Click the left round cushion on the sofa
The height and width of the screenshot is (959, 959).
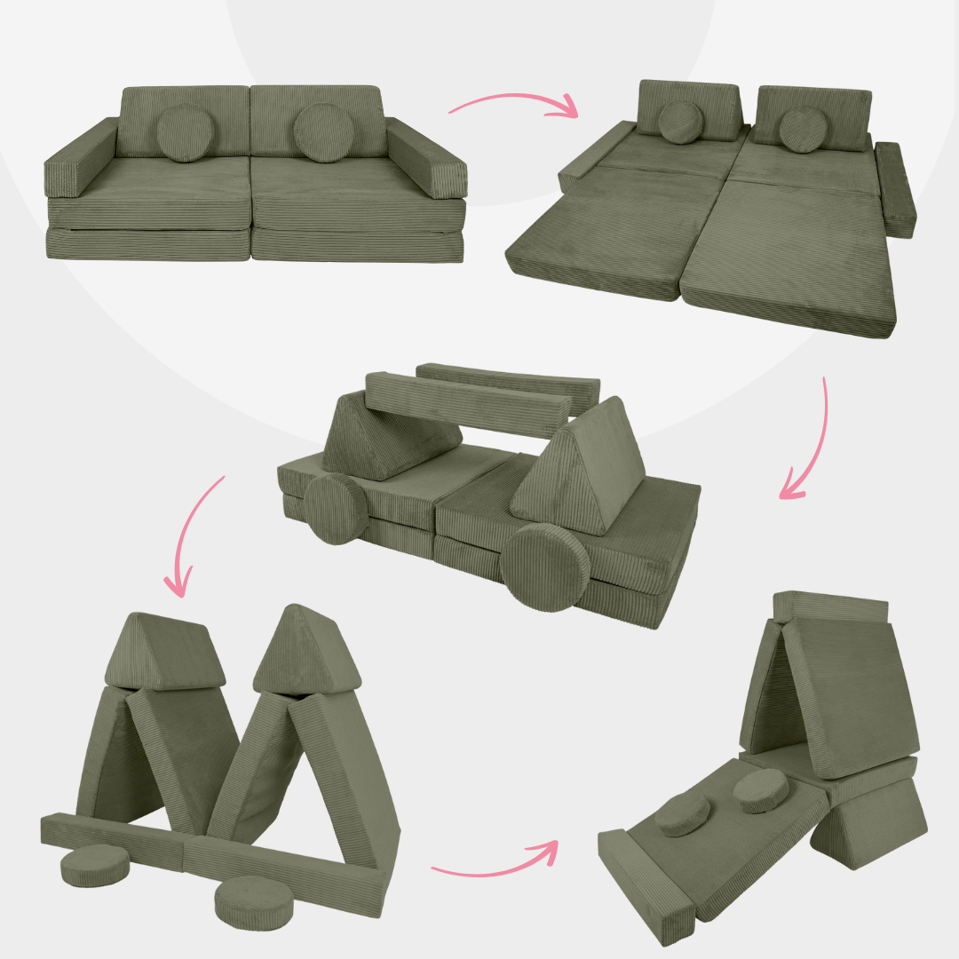click(183, 133)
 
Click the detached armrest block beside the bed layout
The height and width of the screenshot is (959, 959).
click(893, 188)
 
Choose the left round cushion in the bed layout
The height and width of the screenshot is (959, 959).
click(681, 122)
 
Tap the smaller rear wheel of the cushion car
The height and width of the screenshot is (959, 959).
click(337, 508)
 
